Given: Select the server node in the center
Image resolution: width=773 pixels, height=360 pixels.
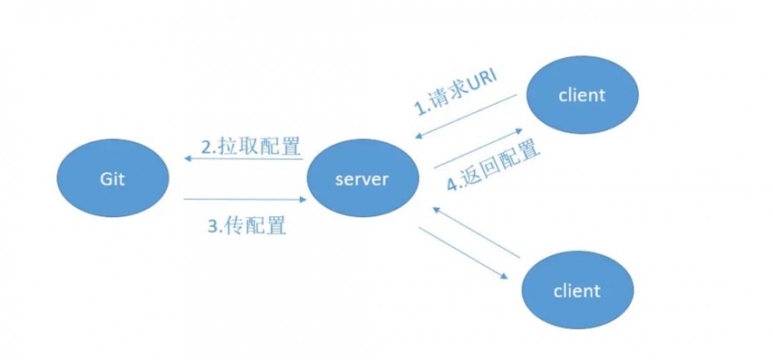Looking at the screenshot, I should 363,179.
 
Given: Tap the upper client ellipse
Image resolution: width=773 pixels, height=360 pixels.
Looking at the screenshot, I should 582,96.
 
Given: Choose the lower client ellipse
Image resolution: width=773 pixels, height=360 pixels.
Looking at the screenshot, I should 577,291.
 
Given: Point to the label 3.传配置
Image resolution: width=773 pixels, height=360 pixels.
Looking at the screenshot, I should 246,226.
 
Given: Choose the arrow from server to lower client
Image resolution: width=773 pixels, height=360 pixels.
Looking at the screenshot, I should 465,254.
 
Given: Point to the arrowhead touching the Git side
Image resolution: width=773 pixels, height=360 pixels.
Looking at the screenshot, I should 189,159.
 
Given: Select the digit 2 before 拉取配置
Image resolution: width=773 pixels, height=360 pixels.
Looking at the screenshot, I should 206,147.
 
